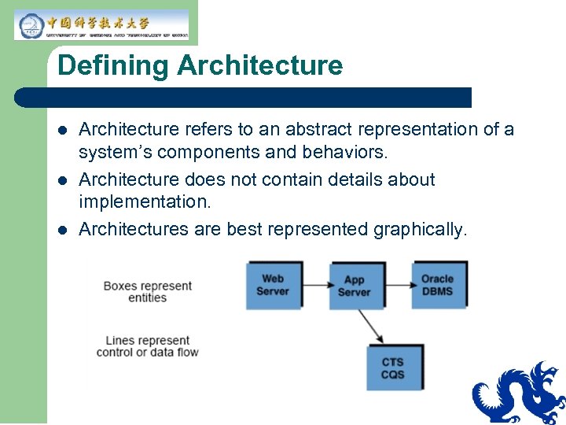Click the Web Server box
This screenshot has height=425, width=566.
(x=273, y=285)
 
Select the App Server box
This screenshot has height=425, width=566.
(x=354, y=286)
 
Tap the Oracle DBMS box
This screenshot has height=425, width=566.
(x=437, y=285)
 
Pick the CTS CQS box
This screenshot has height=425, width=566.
(x=392, y=368)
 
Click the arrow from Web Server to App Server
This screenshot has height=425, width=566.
(x=314, y=285)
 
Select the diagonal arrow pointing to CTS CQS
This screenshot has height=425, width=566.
(x=370, y=324)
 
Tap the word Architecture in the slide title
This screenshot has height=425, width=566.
(x=260, y=65)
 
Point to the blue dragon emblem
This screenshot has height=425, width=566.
(x=519, y=394)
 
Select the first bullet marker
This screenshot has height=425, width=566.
(x=64, y=130)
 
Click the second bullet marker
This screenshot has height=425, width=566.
(x=64, y=180)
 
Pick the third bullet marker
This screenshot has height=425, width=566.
(x=64, y=231)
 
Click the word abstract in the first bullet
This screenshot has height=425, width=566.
(x=331, y=129)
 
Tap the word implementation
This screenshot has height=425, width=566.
(x=145, y=201)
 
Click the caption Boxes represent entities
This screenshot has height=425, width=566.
(x=147, y=291)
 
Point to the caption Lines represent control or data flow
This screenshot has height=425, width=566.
(x=147, y=346)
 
